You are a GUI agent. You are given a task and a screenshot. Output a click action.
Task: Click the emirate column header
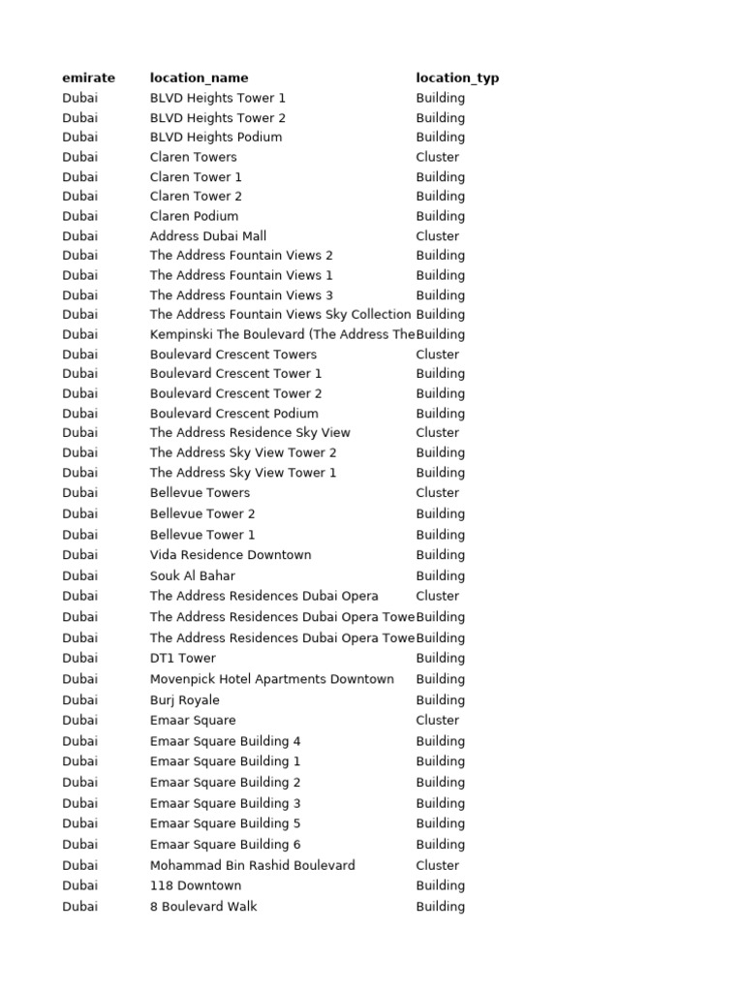click(x=88, y=77)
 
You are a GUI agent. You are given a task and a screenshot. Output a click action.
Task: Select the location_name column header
click(x=199, y=77)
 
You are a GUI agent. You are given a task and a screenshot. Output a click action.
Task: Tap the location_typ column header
click(x=457, y=77)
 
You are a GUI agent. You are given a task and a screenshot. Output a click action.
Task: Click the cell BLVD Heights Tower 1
click(x=217, y=98)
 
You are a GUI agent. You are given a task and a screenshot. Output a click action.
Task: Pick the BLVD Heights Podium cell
click(x=216, y=138)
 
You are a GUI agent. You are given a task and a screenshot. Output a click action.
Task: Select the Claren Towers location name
click(x=193, y=157)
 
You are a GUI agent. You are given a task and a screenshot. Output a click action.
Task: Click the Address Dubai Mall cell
click(x=207, y=236)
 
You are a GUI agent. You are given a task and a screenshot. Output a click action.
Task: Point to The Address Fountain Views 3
click(x=241, y=295)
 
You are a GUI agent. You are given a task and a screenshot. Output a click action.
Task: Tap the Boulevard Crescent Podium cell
click(x=233, y=414)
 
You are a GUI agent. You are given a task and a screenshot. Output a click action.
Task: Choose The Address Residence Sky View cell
click(x=250, y=433)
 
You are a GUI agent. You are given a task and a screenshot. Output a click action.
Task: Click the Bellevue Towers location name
click(x=200, y=492)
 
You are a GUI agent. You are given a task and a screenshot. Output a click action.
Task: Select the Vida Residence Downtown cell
click(x=231, y=555)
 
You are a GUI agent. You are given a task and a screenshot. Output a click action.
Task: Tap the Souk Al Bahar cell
click(x=192, y=575)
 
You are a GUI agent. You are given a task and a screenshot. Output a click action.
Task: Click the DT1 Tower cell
click(x=182, y=658)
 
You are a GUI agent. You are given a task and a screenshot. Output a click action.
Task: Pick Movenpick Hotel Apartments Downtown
click(x=271, y=679)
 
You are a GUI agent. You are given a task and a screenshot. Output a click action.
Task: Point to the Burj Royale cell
click(x=184, y=700)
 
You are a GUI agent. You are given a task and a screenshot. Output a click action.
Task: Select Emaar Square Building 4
click(x=225, y=741)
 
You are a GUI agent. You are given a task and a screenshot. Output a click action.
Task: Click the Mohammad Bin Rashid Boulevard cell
click(x=252, y=865)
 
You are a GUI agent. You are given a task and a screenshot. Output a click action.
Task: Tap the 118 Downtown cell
click(x=195, y=885)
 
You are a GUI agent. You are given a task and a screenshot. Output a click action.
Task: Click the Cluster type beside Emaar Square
click(x=438, y=721)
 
